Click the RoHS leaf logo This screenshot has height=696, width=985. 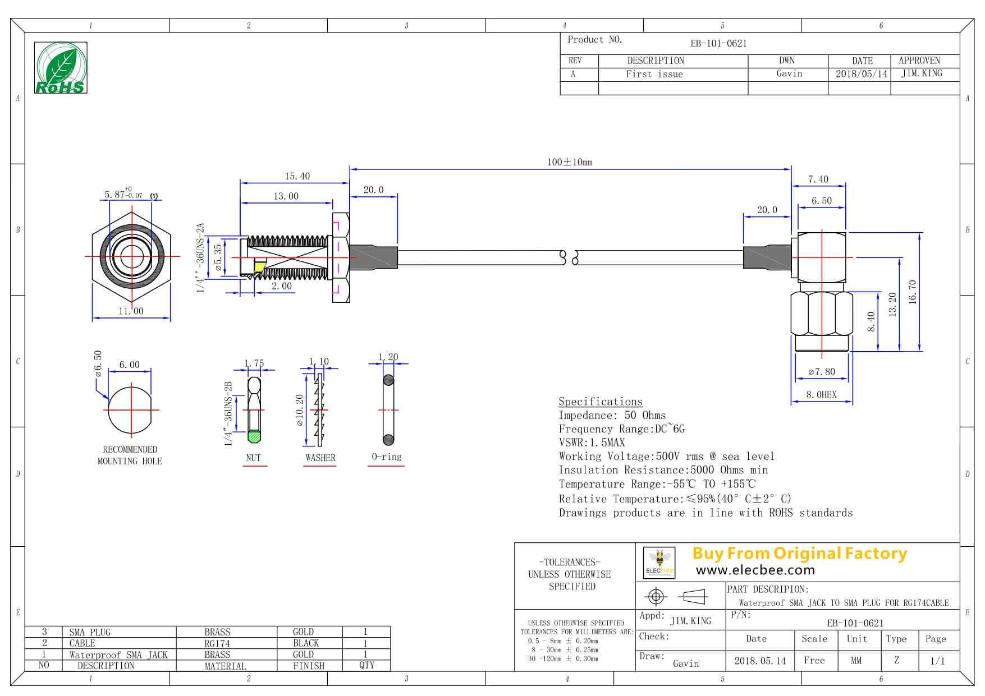click(x=61, y=68)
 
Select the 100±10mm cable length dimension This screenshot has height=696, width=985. click(x=570, y=162)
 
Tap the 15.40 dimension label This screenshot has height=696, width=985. click(x=297, y=176)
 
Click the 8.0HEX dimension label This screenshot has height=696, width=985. click(x=822, y=395)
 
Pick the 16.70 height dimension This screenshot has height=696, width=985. click(x=912, y=292)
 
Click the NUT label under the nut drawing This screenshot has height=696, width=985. click(x=253, y=458)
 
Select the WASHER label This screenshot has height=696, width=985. click(x=320, y=458)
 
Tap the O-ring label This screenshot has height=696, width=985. click(x=387, y=457)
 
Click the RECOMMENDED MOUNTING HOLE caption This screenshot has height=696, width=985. click(x=130, y=455)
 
